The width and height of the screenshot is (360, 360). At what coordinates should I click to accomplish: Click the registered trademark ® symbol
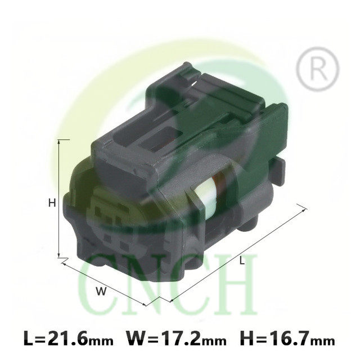coord(317,68)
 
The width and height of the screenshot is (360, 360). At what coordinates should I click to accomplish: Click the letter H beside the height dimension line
coord(52,203)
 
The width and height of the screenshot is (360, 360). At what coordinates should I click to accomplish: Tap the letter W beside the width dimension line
coord(101,291)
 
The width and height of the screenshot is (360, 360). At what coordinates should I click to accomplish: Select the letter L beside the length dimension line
coord(241,261)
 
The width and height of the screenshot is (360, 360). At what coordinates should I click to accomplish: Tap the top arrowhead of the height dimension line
coord(59,142)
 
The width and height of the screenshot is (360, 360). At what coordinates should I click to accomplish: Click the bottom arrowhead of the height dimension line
coord(59,255)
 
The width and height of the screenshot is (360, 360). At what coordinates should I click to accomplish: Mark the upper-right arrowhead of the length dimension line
coord(304,210)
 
